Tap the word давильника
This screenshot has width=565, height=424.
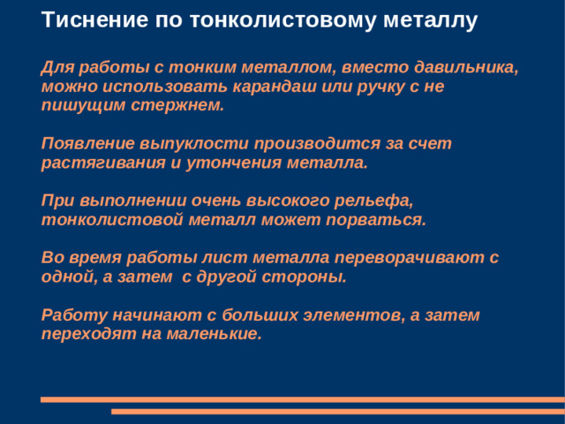click(463, 69)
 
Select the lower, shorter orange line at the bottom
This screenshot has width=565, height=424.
click(337, 411)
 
